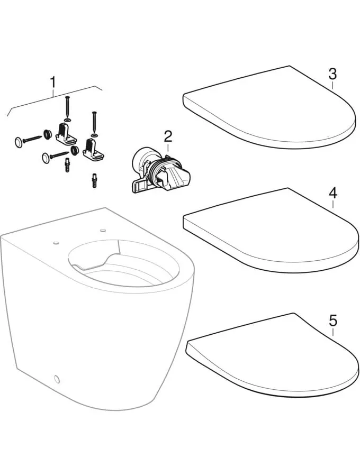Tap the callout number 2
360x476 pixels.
(x=168, y=137)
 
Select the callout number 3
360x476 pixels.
(x=332, y=74)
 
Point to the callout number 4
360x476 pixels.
(x=333, y=193)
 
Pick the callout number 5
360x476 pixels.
(x=333, y=321)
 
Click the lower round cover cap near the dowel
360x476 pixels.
(x=46, y=158)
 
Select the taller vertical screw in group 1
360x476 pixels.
(x=67, y=106)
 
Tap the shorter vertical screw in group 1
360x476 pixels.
(x=94, y=121)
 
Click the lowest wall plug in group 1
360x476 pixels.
(x=95, y=181)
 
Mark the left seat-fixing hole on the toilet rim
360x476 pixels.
(x=56, y=243)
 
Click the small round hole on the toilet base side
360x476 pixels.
(x=57, y=379)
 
